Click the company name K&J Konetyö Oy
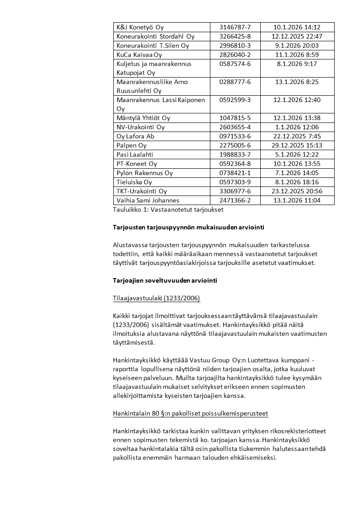coord(140,27)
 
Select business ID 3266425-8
coord(235,36)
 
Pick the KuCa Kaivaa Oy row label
coord(139,54)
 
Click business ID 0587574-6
coord(235,64)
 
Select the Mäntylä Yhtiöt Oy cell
coord(143,118)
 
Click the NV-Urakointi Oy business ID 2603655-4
coord(235,127)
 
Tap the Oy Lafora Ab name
coord(136,136)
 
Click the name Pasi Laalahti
coord(135,155)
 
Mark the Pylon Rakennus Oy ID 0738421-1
coord(235,173)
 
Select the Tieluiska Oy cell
coord(134,182)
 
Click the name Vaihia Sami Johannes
coord(148,200)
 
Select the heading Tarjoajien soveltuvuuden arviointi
coord(165,280)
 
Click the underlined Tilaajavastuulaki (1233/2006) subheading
coord(156,298)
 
